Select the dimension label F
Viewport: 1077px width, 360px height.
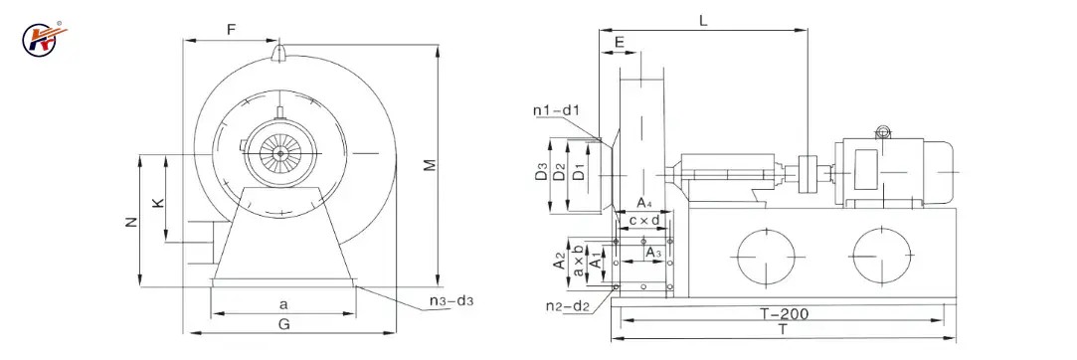coord(231,30)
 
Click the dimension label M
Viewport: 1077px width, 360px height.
coord(429,166)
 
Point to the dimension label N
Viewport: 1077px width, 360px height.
coord(131,223)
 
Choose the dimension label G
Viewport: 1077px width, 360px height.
coord(284,324)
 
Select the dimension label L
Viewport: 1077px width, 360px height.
coord(703,19)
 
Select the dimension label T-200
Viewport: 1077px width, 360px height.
coord(783,314)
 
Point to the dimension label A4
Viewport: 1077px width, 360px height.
coord(644,203)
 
